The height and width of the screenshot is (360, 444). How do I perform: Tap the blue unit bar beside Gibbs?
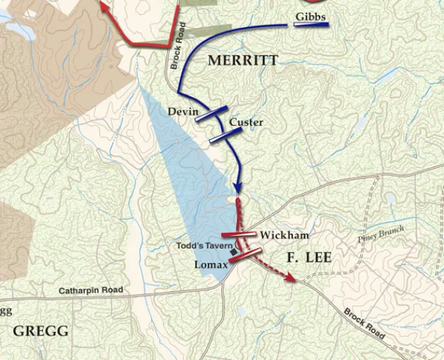click(x=311, y=25)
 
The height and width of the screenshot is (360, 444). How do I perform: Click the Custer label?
click(x=246, y=122)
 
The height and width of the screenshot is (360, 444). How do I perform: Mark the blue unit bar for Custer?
click(x=226, y=135)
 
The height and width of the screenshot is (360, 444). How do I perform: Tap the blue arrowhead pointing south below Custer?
click(x=238, y=188)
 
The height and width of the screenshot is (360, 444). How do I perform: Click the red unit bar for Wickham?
click(x=239, y=236)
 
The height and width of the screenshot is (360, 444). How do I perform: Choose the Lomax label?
click(x=210, y=265)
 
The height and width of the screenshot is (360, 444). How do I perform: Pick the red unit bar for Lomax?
click(x=246, y=256)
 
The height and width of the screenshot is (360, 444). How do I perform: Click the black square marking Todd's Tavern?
click(x=235, y=252)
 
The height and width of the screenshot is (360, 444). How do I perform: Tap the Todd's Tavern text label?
click(x=205, y=245)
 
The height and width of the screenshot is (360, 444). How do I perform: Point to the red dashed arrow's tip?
click(x=295, y=280)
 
